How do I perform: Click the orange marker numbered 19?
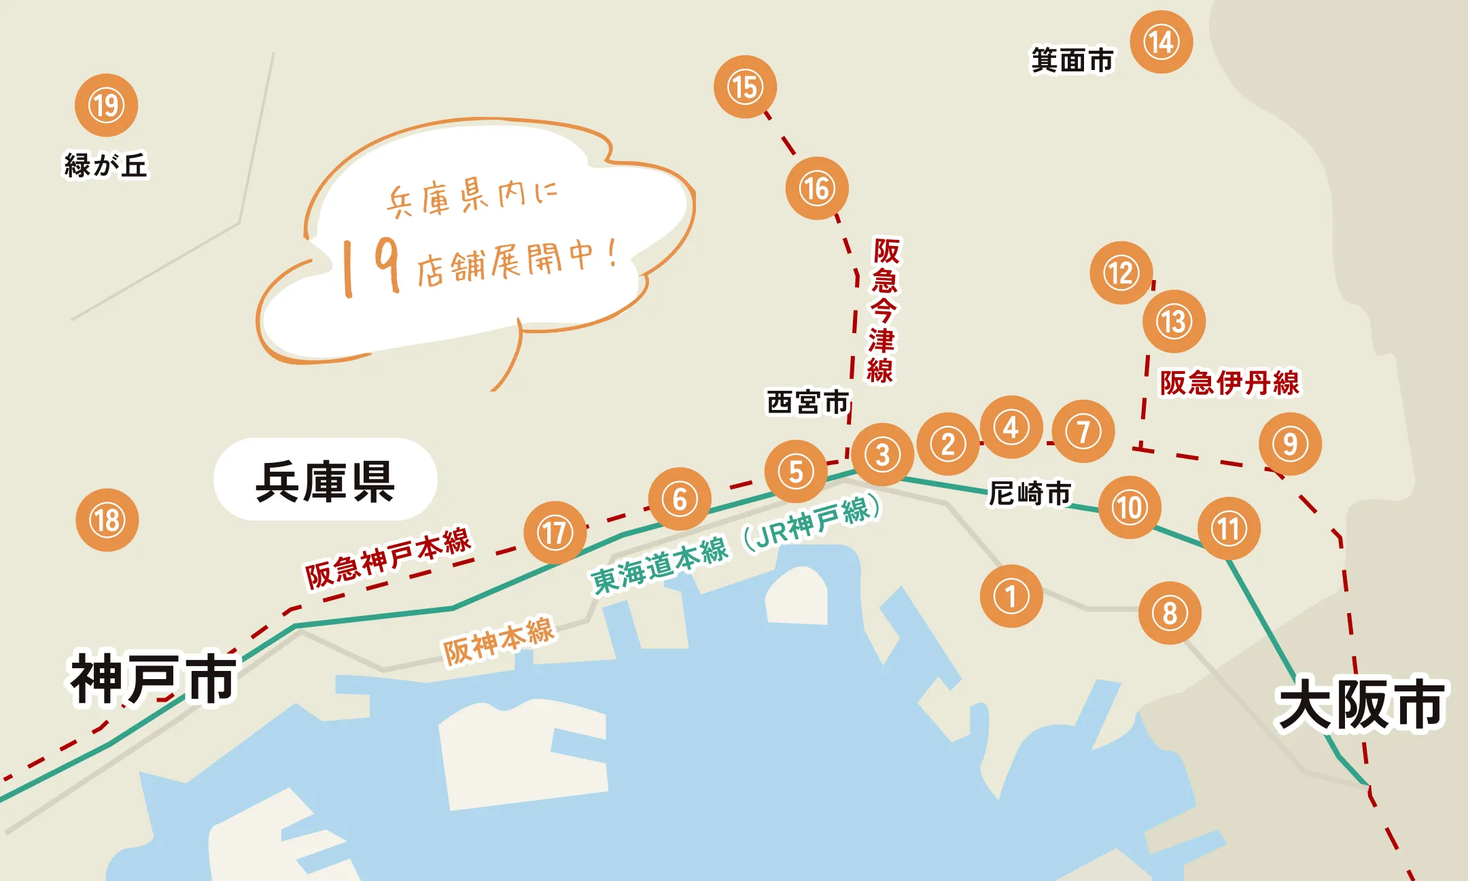[x=106, y=105]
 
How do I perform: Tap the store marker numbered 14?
[x=1161, y=42]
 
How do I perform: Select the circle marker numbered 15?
[x=745, y=87]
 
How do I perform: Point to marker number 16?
[x=816, y=188]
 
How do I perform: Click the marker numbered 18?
[x=107, y=520]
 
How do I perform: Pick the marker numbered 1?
[x=1011, y=596]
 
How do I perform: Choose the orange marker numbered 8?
[x=1170, y=612]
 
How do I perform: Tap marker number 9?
[x=1290, y=444]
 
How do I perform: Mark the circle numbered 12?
[x=1121, y=273]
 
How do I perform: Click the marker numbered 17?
[x=555, y=532]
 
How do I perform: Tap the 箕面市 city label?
[x=1072, y=60]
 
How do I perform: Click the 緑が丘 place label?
[x=105, y=165]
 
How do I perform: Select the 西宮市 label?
[x=808, y=402]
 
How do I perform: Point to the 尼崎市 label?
[x=1030, y=493]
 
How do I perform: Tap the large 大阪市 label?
[x=1361, y=704]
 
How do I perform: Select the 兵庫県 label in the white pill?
[x=325, y=481]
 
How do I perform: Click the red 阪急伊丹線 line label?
[x=1229, y=383]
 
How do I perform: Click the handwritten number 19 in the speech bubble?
[x=370, y=266]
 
